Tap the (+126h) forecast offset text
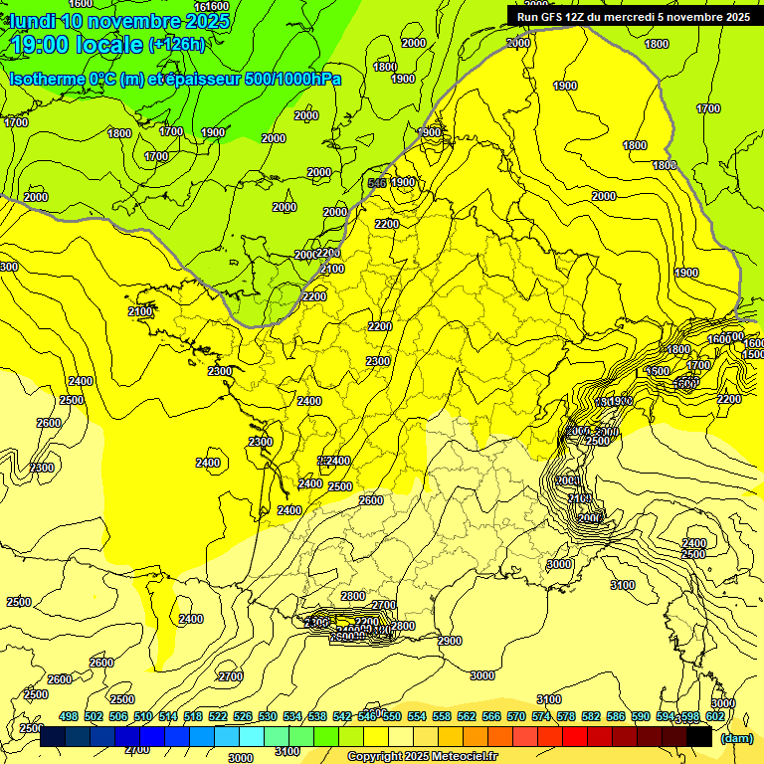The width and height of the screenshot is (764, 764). (x=177, y=45)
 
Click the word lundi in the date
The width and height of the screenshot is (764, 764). (x=33, y=21)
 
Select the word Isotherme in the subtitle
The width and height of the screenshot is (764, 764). (x=47, y=79)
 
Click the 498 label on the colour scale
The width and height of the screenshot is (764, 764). (x=69, y=716)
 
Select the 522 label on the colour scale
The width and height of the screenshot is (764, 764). (x=218, y=716)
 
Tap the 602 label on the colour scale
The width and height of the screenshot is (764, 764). (x=714, y=716)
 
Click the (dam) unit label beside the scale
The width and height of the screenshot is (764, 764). (x=736, y=738)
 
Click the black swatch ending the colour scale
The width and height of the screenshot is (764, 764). (x=699, y=737)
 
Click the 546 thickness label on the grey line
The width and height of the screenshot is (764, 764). (x=377, y=183)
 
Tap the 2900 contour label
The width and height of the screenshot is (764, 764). (x=450, y=641)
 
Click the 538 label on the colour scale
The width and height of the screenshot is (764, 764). (x=317, y=716)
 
